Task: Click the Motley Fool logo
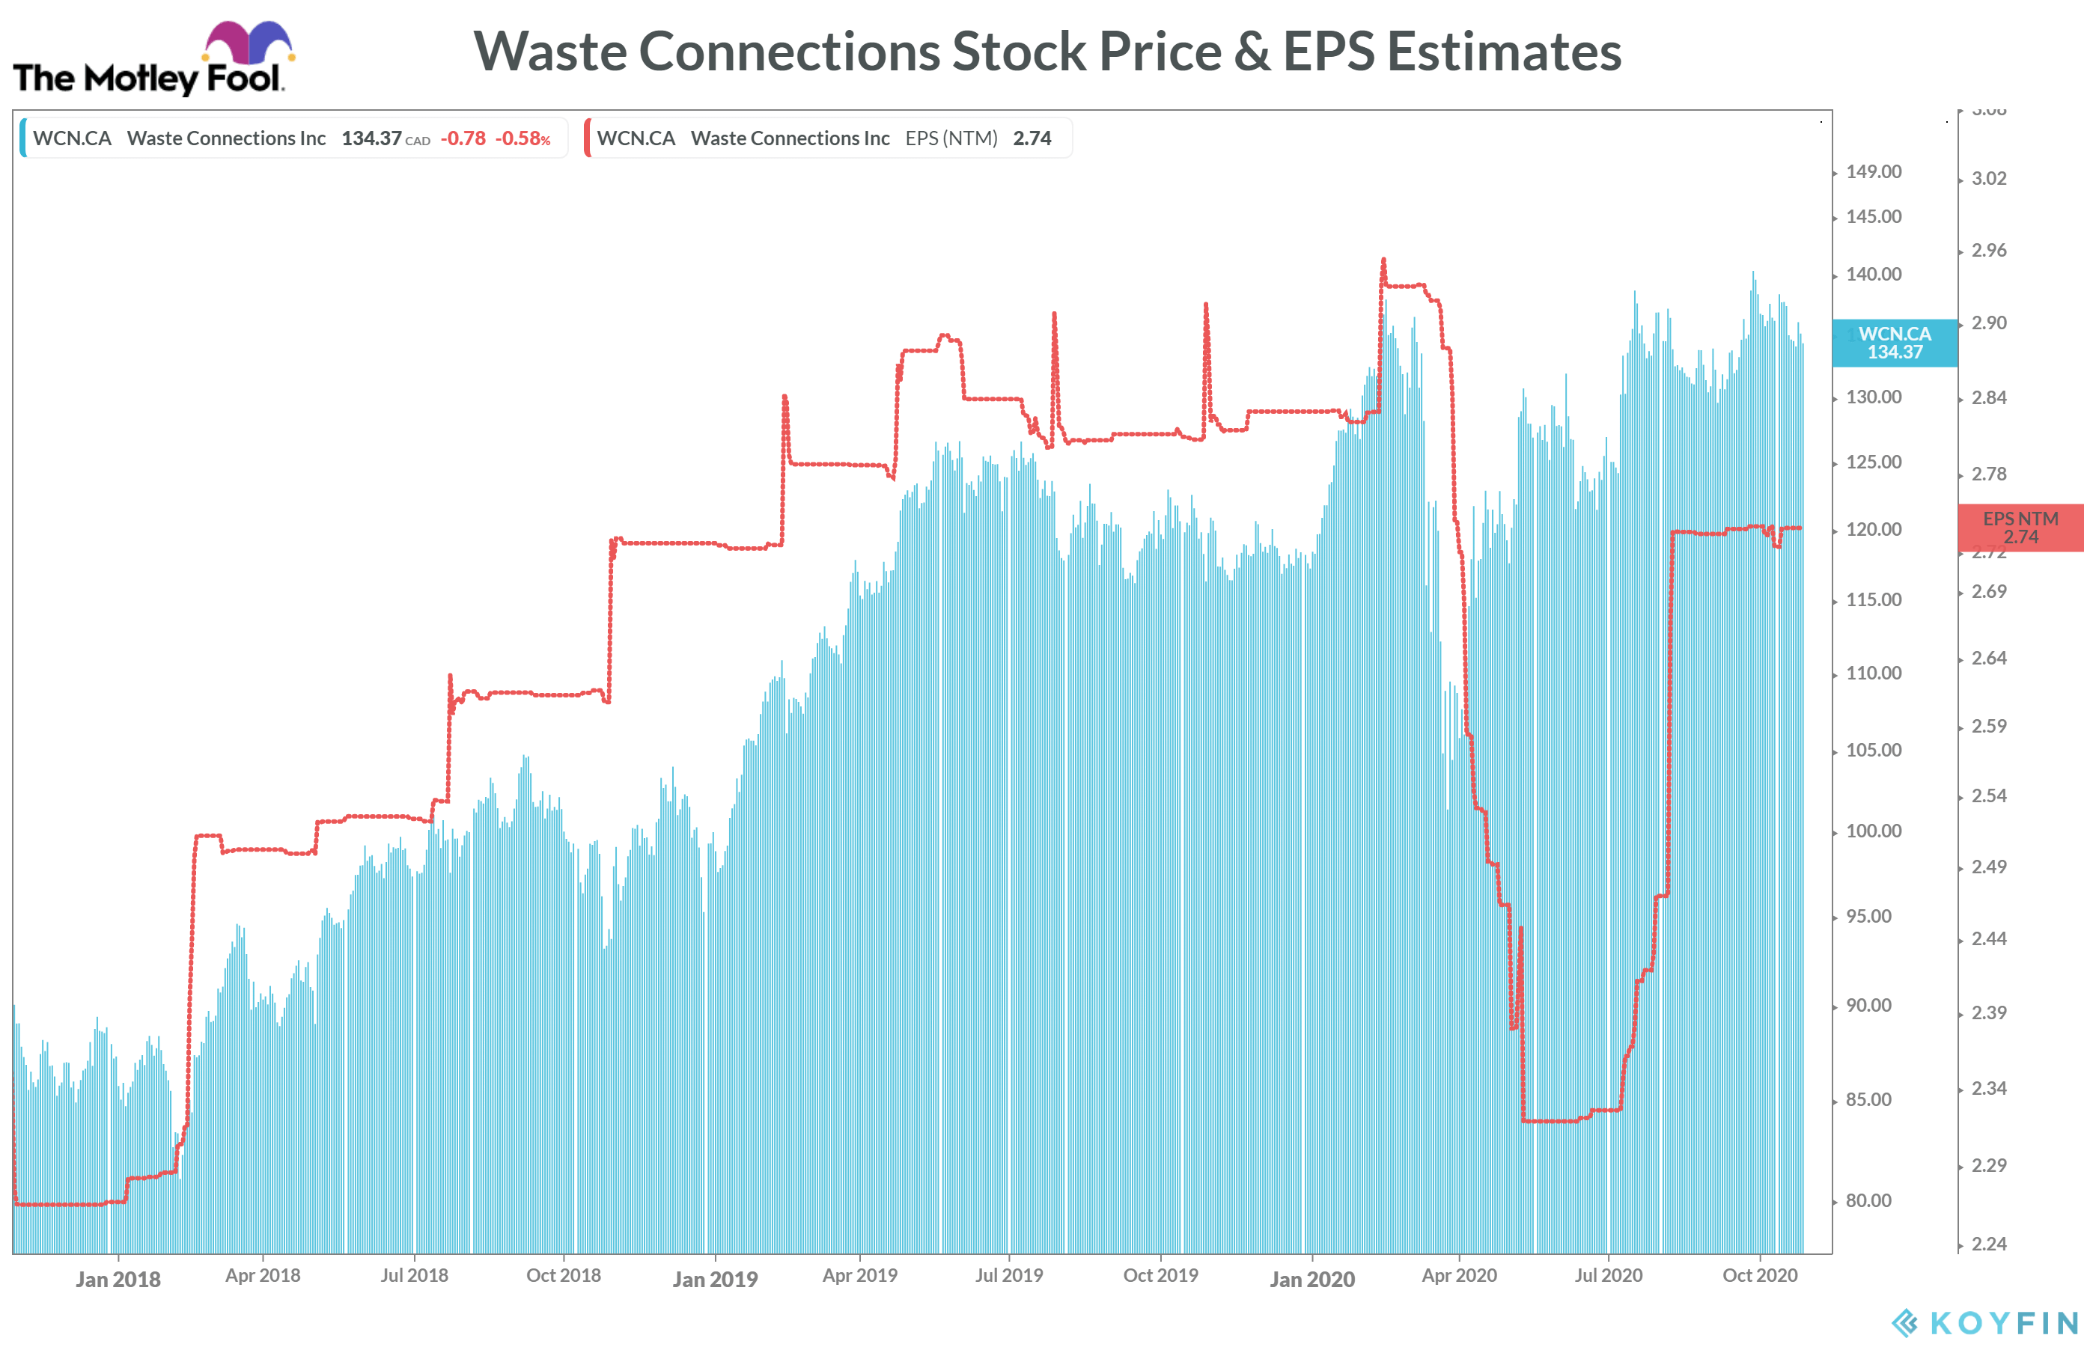(x=153, y=59)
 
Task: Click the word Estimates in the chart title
(x=1504, y=52)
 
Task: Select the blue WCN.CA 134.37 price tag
(x=1894, y=343)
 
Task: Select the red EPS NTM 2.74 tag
(x=2020, y=528)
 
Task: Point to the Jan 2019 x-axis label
(x=715, y=1280)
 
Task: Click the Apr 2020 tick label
(x=1458, y=1275)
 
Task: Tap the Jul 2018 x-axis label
(x=414, y=1275)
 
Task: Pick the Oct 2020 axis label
(x=1759, y=1275)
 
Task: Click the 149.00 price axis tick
(x=1873, y=171)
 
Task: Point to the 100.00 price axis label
(x=1873, y=831)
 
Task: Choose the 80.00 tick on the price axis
(x=1868, y=1201)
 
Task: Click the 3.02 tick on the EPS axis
(x=1988, y=178)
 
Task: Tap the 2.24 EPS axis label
(x=1988, y=1244)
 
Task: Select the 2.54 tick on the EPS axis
(x=1988, y=796)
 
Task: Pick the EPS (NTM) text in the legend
(x=951, y=138)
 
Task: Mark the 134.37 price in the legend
(x=371, y=138)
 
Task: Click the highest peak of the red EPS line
(x=1383, y=260)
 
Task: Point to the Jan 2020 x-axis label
(x=1311, y=1280)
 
